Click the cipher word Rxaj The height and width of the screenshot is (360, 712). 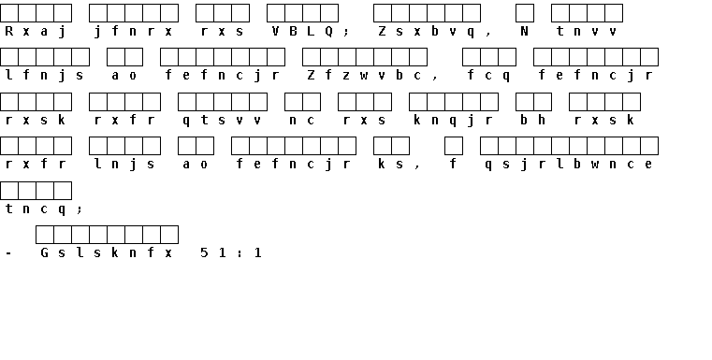point(36,31)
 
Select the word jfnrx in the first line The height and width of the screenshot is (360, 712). point(134,31)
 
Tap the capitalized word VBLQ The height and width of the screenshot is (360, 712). point(302,31)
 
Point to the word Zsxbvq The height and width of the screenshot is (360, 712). point(427,31)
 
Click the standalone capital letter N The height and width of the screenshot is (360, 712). point(525,31)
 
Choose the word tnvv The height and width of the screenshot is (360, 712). point(587,31)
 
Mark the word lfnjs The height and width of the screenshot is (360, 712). point(45,76)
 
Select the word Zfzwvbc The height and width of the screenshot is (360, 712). point(365,76)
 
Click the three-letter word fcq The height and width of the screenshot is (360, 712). point(488,76)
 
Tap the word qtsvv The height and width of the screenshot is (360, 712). point(222,121)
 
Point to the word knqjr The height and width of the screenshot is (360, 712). point(454,121)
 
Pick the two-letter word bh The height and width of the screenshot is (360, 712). point(533,120)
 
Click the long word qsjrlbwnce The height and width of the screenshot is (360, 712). point(569,165)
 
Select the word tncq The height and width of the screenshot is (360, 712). point(36,209)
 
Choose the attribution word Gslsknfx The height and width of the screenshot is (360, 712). point(107,252)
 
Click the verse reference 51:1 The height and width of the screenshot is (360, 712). point(231,252)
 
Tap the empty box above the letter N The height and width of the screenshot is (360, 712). point(525,13)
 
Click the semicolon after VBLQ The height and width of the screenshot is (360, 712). point(346,32)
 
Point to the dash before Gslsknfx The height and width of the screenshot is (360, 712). point(8,253)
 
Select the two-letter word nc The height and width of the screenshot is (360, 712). point(302,121)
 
